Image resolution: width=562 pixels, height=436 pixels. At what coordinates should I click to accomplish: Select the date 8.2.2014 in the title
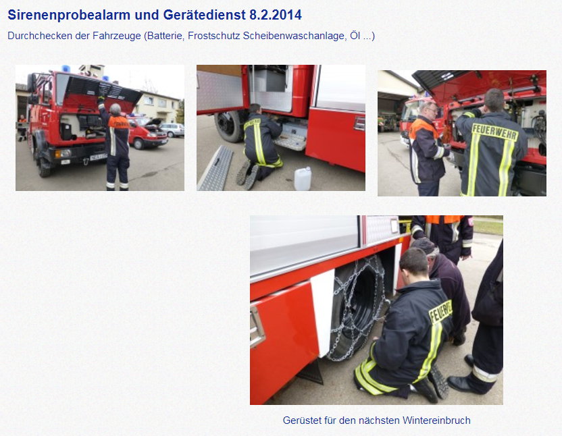(x=275, y=15)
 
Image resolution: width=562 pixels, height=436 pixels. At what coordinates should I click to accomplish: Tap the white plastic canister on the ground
(x=303, y=178)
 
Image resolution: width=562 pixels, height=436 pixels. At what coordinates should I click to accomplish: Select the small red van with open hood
(x=147, y=133)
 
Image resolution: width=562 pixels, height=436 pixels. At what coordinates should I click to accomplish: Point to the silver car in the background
(x=172, y=129)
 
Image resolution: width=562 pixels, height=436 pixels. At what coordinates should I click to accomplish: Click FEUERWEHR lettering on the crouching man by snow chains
(x=440, y=312)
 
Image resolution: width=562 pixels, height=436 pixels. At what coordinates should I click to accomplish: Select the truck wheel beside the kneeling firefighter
(x=228, y=126)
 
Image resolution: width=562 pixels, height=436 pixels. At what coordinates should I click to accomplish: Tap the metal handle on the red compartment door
(x=257, y=327)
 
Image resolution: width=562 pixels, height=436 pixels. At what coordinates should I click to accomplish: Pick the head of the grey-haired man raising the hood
(x=116, y=109)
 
